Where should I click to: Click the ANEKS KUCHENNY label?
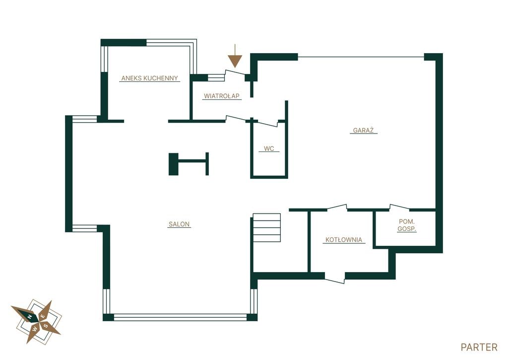click(149, 78)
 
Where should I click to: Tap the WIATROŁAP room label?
click(222, 96)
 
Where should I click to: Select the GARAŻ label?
click(363, 131)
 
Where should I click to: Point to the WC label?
click(269, 148)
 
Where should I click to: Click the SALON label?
click(179, 224)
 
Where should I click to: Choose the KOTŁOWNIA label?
click(344, 240)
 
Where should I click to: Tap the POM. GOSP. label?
click(407, 225)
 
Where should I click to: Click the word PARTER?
click(479, 348)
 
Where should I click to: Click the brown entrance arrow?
click(235, 56)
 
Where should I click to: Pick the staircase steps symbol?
click(266, 228)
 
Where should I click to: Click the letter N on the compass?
click(29, 316)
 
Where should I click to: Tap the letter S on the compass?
click(46, 325)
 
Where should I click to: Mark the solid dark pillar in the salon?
click(174, 164)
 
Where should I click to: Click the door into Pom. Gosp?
click(399, 207)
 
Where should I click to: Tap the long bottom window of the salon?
click(180, 317)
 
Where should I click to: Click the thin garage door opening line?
click(361, 57)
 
